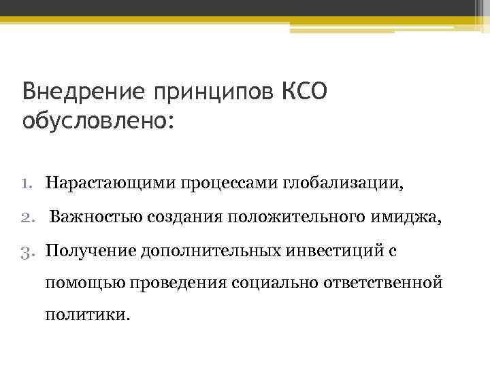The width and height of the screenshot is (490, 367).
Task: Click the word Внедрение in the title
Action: pyautogui.click(x=77, y=91)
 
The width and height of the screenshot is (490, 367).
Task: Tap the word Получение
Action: pyautogui.click(x=91, y=251)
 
